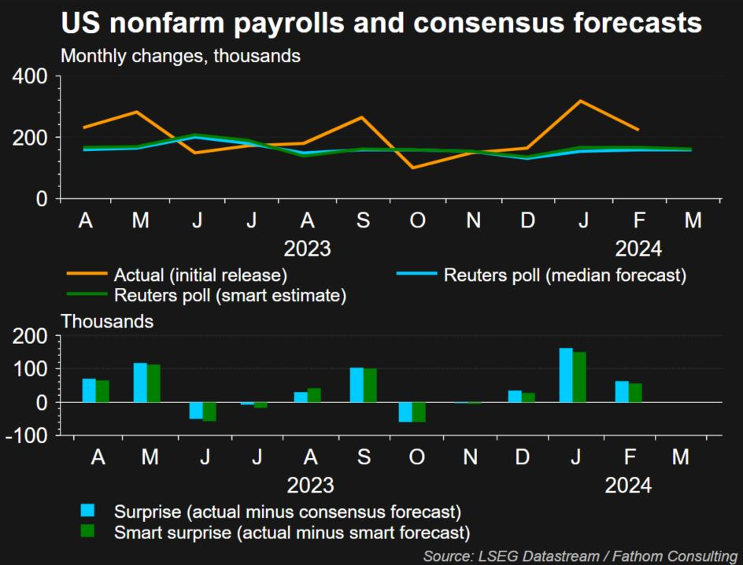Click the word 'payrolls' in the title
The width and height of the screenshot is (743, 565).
point(289,24)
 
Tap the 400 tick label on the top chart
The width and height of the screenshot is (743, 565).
point(30,76)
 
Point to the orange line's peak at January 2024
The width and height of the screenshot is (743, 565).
point(581,101)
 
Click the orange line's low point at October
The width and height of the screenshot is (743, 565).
point(413,168)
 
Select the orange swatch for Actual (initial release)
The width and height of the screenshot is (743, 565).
point(87,274)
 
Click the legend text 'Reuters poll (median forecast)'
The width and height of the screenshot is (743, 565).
point(565,275)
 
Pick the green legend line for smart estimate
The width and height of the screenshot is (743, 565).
point(87,294)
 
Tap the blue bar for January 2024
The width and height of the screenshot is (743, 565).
point(566,375)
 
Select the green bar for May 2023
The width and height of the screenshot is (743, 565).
point(153,383)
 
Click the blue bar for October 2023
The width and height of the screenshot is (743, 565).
point(405,412)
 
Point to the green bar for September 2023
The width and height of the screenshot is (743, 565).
point(370,385)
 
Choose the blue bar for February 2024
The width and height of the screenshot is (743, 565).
point(622,392)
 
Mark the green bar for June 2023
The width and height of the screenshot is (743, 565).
point(209,412)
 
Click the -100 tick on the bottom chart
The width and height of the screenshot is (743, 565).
point(27,436)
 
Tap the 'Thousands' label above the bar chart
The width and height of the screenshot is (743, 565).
point(107,322)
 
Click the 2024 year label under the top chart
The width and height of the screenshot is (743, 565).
point(638,249)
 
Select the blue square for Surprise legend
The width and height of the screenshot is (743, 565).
point(87,510)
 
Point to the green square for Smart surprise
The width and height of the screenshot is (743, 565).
point(87,530)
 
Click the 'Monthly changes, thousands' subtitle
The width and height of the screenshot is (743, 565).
point(180,56)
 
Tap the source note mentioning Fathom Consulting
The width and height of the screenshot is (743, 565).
point(580,556)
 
